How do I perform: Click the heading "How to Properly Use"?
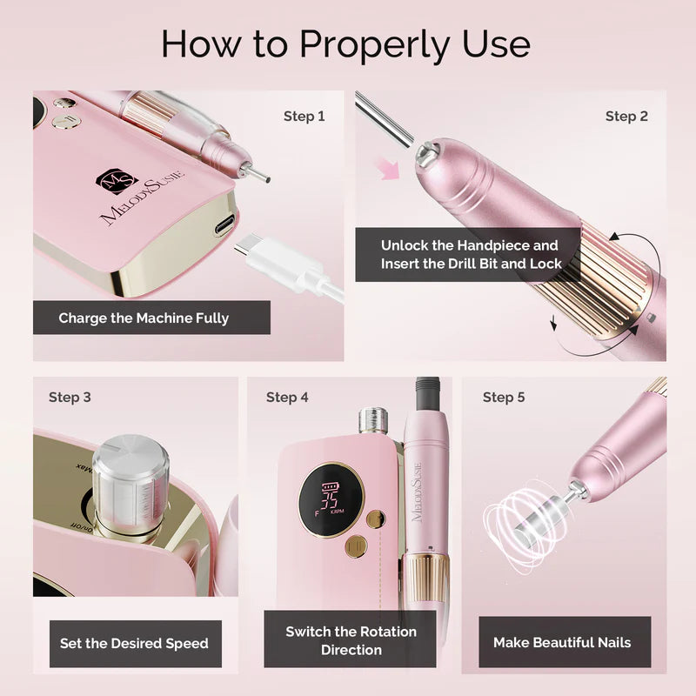tap(345, 43)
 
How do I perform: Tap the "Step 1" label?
tap(304, 116)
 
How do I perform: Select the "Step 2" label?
tap(626, 116)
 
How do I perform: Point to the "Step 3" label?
tap(70, 398)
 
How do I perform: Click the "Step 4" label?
tap(287, 398)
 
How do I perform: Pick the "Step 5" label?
tap(504, 398)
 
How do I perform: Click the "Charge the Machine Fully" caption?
tap(144, 318)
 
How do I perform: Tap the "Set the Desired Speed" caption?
tap(134, 644)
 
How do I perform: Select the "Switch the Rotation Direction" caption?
tap(351, 640)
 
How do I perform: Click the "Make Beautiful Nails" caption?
tap(562, 643)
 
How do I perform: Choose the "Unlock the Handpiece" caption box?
tap(470, 254)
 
